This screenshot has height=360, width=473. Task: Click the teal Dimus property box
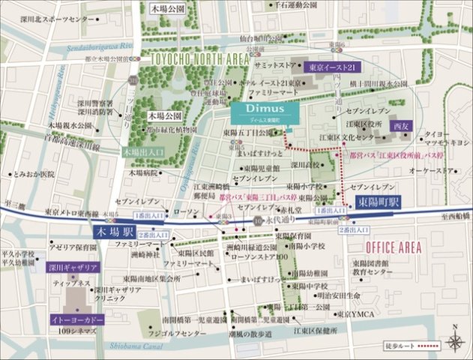point(265,112)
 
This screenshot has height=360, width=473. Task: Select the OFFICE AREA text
point(391,246)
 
